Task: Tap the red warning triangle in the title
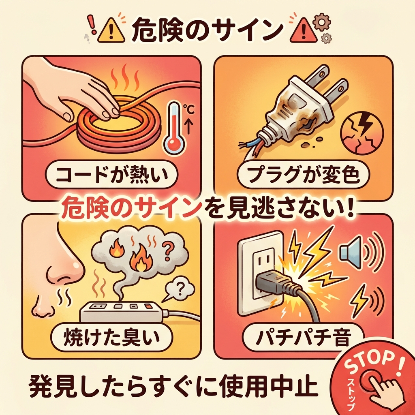304,31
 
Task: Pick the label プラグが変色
303,175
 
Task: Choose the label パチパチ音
303,337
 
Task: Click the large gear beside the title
321,23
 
